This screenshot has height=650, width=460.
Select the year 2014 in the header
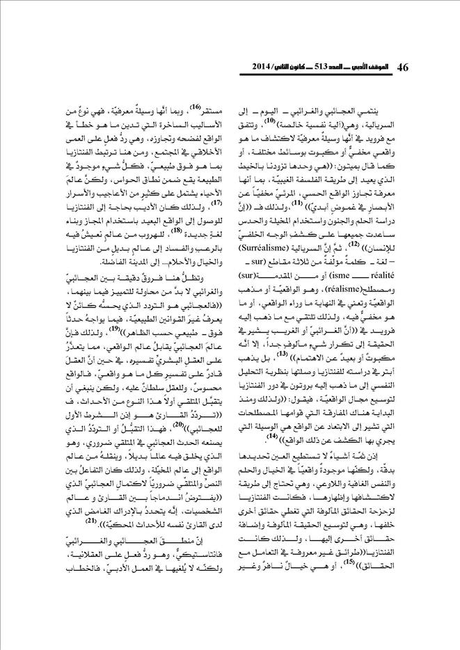click(255, 68)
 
